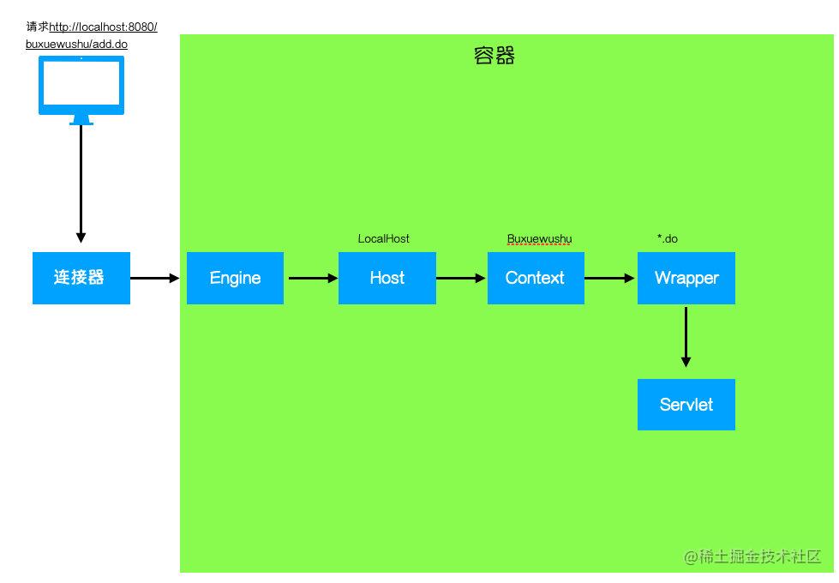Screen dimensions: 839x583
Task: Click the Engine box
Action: [235, 278]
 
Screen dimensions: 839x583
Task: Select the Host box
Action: [387, 278]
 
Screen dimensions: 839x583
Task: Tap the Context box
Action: [536, 278]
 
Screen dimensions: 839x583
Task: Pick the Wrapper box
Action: [686, 278]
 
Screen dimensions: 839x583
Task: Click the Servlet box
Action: [686, 404]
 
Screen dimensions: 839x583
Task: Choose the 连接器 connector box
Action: [81, 278]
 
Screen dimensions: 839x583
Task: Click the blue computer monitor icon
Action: [81, 90]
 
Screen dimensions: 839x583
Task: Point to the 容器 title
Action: [494, 56]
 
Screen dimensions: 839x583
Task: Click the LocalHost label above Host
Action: [384, 238]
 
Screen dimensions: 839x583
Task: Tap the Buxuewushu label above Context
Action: [539, 238]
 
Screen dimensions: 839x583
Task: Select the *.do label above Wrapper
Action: [668, 238]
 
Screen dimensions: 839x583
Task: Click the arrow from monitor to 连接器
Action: [81, 183]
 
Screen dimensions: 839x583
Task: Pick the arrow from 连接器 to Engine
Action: [154, 278]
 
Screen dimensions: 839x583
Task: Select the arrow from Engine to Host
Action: [313, 278]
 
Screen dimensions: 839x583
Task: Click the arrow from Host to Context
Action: [461, 278]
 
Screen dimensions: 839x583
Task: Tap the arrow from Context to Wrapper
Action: [609, 278]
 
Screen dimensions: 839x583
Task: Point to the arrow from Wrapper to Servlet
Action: [686, 337]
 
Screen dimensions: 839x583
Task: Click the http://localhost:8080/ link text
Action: [104, 27]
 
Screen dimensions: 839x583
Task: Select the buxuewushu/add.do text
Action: [76, 44]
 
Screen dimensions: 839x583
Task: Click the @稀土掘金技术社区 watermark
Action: [752, 556]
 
